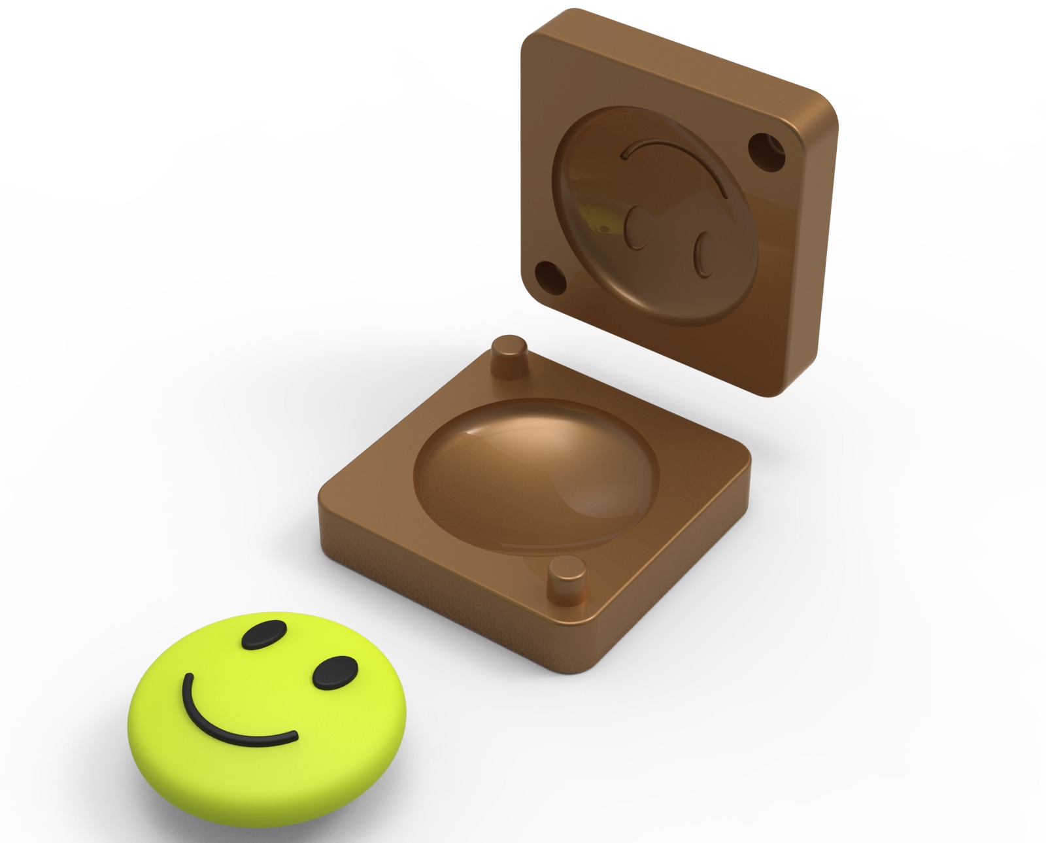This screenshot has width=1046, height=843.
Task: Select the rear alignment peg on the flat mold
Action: [509, 356]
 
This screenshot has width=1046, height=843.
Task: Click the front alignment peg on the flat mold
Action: [566, 581]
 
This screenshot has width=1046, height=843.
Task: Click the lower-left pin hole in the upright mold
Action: [551, 277]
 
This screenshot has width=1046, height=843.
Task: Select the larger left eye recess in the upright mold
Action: [637, 229]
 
